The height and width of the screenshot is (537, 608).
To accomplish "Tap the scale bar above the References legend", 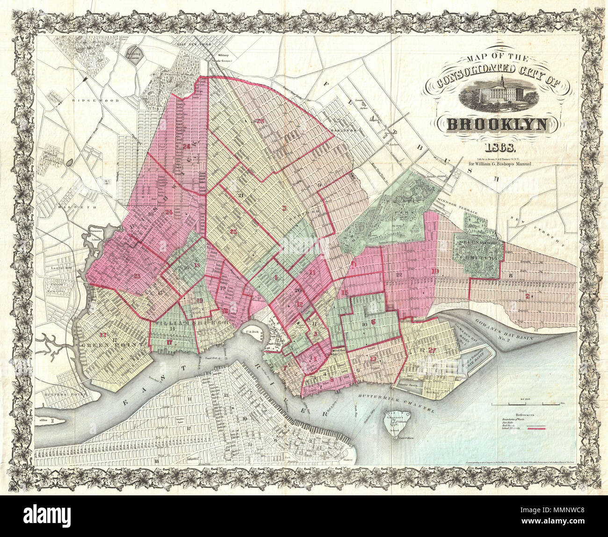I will click(528, 403).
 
